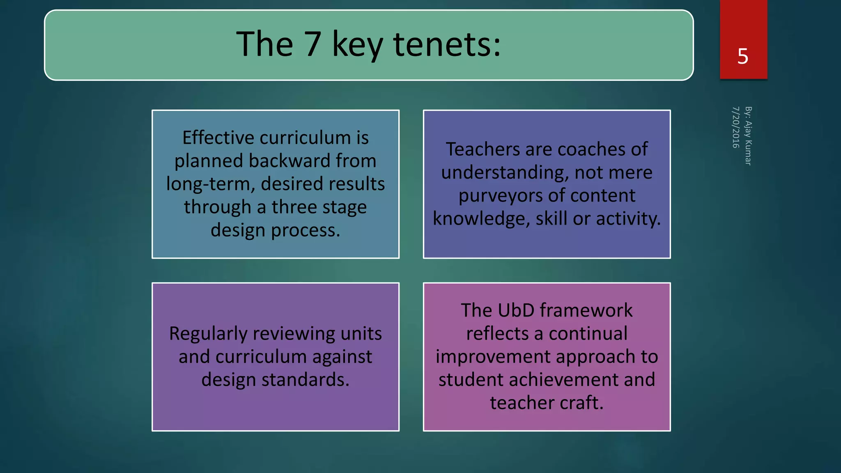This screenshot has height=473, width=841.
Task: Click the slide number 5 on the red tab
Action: coord(743,56)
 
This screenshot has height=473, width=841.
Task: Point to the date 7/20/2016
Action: coord(735,127)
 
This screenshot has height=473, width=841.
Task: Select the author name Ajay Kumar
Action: coord(748,142)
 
